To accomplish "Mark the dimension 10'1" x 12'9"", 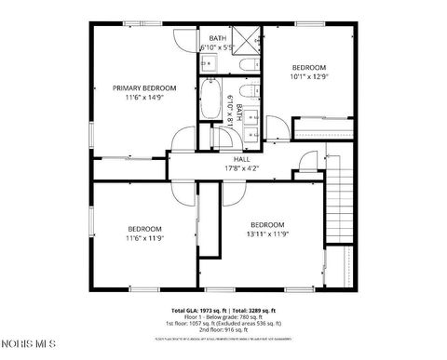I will point(308,77).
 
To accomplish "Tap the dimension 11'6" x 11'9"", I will point(145,238).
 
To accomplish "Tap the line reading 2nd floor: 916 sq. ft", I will point(223,329).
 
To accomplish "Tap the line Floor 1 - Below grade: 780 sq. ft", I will point(223,316).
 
